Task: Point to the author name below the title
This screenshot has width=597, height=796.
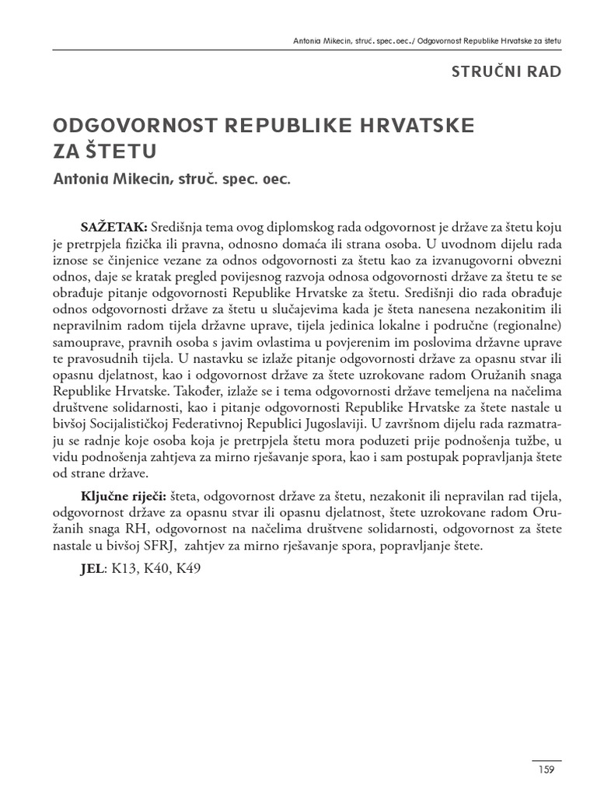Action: (170, 180)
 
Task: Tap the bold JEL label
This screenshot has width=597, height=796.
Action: (91, 568)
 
